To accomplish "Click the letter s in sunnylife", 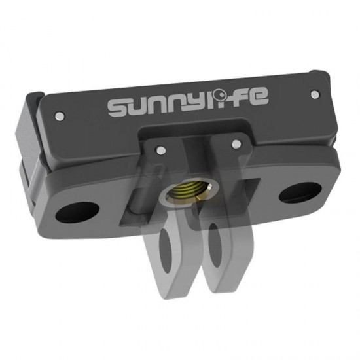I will click(118, 108).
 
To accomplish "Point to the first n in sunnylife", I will click(155, 105).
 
